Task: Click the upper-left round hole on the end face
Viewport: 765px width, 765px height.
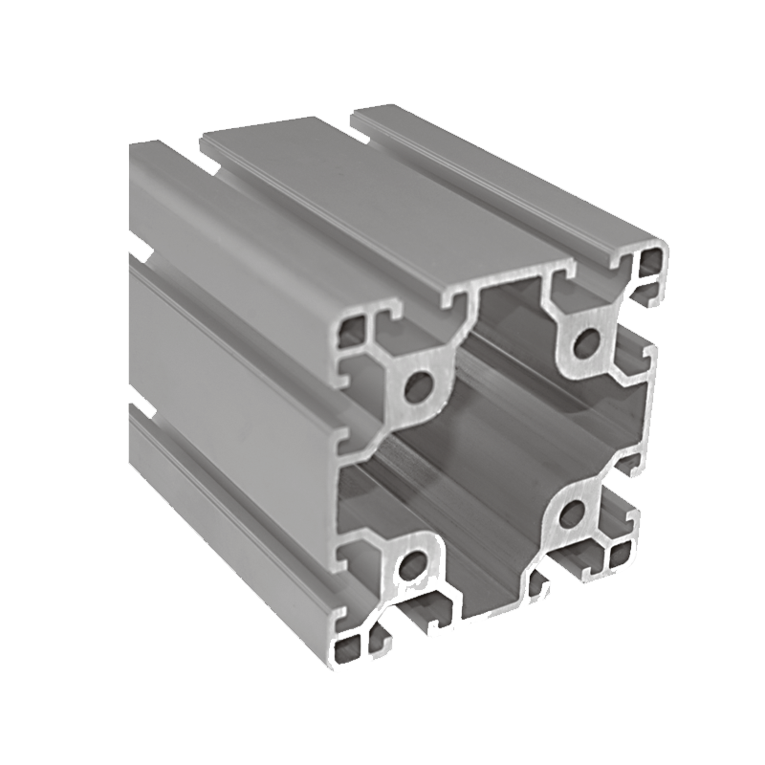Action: point(418,387)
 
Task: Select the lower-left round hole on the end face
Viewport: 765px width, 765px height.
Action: point(411,566)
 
